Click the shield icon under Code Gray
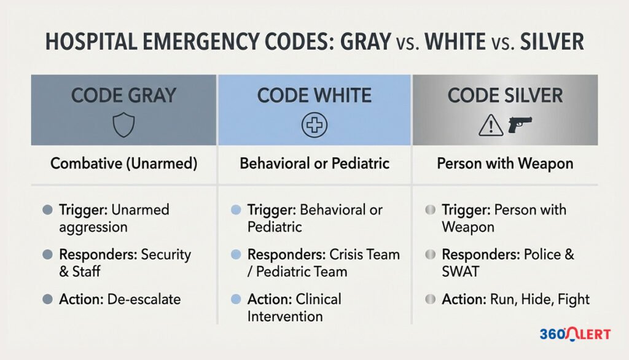[123, 127]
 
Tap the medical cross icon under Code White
[314, 127]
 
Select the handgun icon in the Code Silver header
[518, 125]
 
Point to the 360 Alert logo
[575, 334]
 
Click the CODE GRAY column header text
[123, 96]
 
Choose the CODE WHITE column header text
[314, 96]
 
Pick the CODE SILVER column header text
[505, 96]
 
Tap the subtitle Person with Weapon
[505, 164]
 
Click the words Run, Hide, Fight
[539, 300]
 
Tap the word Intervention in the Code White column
[284, 317]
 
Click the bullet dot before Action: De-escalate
[47, 300]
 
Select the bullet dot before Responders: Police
[430, 255]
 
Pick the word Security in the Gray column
[166, 254]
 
